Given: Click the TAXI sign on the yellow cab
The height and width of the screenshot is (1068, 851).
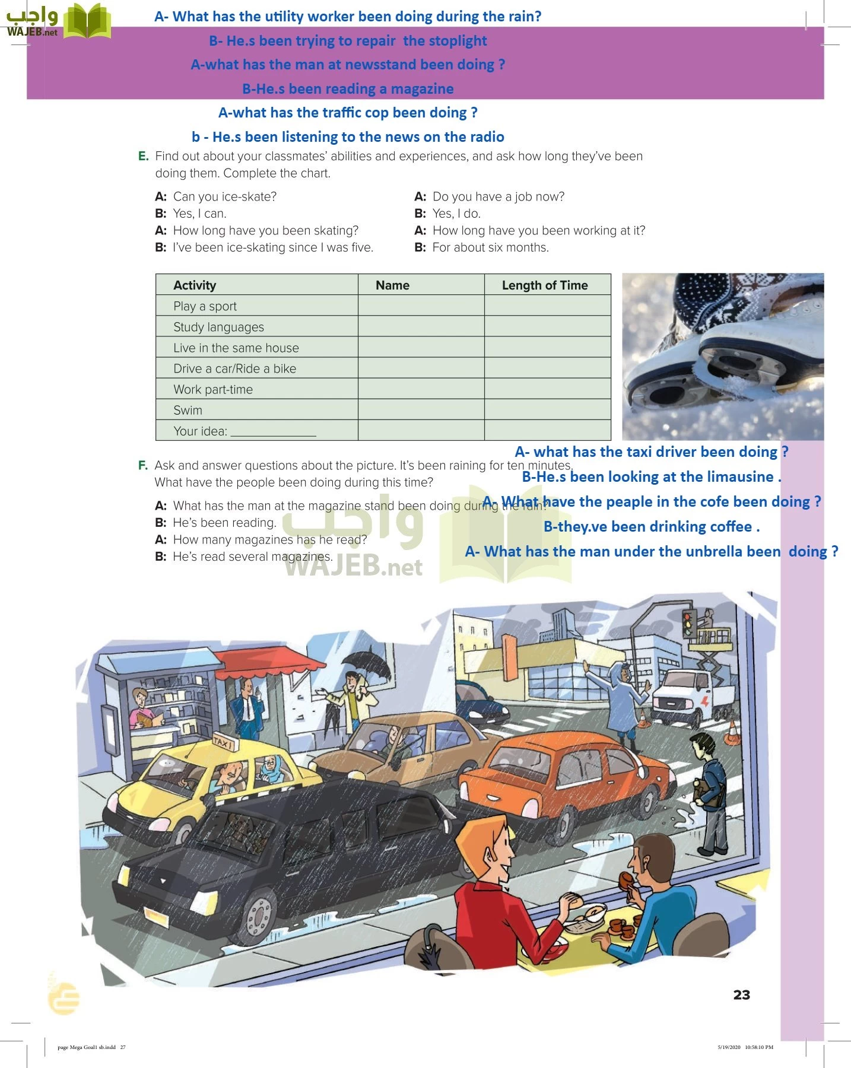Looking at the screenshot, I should click(x=224, y=743).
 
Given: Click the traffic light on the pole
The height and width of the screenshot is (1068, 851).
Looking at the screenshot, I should click(x=688, y=624).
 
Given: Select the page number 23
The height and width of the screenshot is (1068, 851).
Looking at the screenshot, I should click(x=741, y=995).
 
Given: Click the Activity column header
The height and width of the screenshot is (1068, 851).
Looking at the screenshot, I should click(x=195, y=285).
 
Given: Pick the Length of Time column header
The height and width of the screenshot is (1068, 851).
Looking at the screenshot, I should click(x=545, y=285).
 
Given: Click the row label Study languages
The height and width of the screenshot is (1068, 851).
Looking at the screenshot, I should click(x=218, y=327).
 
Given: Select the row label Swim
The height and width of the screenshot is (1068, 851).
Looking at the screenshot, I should click(x=188, y=410).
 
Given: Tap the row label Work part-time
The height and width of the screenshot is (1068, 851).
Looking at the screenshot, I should click(x=212, y=389).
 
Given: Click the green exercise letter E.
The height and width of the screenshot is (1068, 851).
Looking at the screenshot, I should click(x=143, y=156).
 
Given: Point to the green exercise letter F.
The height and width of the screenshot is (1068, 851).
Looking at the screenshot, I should click(x=142, y=465).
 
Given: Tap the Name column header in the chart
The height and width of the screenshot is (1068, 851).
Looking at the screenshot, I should click(x=392, y=285).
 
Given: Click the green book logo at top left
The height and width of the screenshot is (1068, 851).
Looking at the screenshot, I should click(x=87, y=21).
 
